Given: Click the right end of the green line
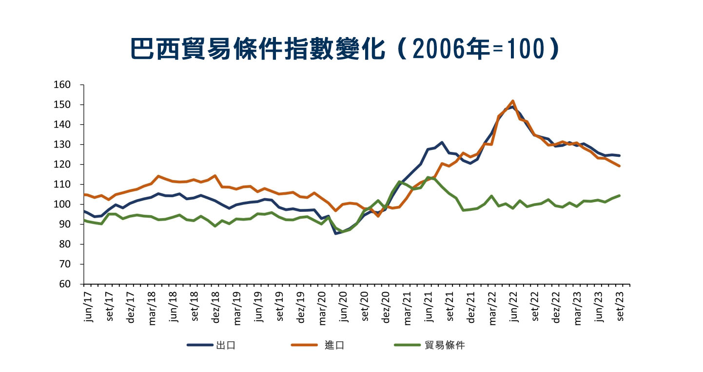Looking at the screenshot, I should pyautogui.click(x=619, y=196).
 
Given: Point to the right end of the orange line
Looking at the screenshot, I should pyautogui.click(x=619, y=166).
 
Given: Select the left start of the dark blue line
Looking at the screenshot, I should pyautogui.click(x=84, y=211).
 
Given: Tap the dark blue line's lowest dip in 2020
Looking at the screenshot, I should pyautogui.click(x=335, y=233).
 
